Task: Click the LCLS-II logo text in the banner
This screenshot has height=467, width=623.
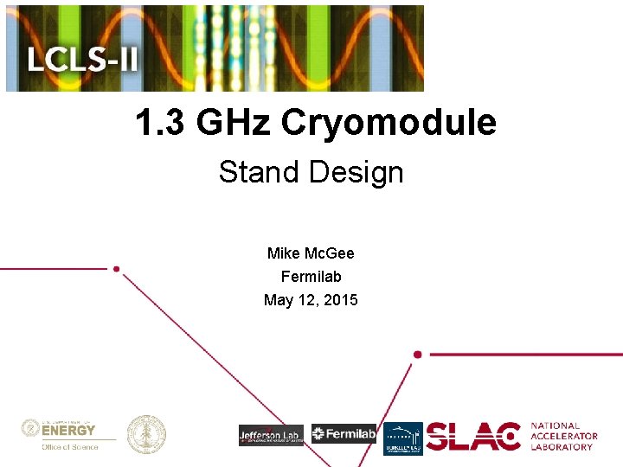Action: tap(83, 61)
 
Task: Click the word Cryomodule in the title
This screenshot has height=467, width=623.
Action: tap(389, 123)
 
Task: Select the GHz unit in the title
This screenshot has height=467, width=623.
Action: tap(234, 123)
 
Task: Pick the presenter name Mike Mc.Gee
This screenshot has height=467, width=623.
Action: tap(311, 253)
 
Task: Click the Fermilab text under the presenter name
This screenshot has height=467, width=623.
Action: tap(311, 277)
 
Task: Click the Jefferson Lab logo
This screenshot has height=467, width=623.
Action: tap(271, 435)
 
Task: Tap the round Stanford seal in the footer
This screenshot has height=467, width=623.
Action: tap(146, 434)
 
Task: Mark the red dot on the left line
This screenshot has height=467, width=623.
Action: tap(116, 269)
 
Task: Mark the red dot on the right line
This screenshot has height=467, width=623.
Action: tap(418, 355)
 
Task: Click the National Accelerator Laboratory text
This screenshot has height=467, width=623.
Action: tap(563, 437)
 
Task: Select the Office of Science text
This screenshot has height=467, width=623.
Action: tap(70, 447)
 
